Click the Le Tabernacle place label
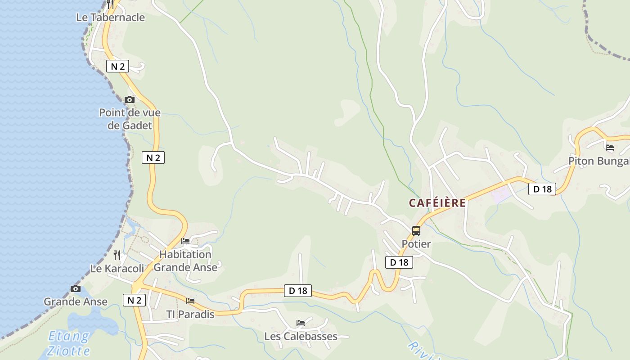click(x=111, y=18)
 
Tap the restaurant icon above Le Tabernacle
click(x=110, y=4)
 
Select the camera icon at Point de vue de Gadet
click(x=130, y=99)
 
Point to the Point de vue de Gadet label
click(x=130, y=119)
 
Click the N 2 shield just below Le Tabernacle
click(x=117, y=67)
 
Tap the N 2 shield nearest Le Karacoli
click(x=134, y=300)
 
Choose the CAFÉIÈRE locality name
click(x=437, y=203)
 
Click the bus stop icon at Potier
click(x=416, y=231)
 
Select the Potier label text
click(x=416, y=244)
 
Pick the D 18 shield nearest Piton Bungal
click(x=542, y=189)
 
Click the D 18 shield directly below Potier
click(x=399, y=262)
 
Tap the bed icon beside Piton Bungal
click(x=610, y=147)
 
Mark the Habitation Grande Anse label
click(x=185, y=261)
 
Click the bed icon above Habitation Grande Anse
click(x=185, y=241)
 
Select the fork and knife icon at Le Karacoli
click(x=117, y=255)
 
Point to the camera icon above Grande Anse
click(x=76, y=288)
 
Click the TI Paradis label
click(x=190, y=314)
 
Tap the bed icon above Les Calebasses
click(x=301, y=323)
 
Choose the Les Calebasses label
click(x=301, y=336)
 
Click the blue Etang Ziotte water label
click(x=69, y=343)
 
